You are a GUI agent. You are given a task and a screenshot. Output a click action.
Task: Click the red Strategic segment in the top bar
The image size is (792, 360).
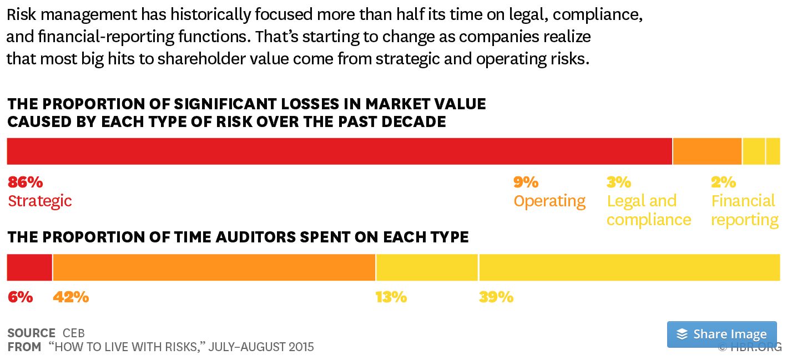pos(339,151)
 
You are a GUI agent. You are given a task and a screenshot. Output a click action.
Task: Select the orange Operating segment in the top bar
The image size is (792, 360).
pos(707,151)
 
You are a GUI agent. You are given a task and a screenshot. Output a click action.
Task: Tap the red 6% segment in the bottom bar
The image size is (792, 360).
pos(29,267)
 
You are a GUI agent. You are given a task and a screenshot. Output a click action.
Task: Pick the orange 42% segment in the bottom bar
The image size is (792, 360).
pos(214,267)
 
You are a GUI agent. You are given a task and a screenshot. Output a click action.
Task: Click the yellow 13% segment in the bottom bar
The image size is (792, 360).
pos(427,267)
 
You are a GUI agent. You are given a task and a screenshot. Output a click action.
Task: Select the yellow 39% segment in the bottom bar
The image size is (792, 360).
pos(629,267)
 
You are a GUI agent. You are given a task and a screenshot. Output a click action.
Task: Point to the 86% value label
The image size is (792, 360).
pos(25,182)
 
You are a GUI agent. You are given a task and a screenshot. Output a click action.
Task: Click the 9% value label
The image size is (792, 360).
pos(526,182)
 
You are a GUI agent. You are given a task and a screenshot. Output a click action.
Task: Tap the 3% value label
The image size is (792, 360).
pos(619,182)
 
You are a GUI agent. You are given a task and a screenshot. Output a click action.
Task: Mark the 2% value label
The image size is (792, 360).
pos(723,182)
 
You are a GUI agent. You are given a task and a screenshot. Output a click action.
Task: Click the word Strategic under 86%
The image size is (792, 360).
pos(40,201)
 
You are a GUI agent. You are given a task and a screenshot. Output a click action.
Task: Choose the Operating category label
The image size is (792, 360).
pos(549,201)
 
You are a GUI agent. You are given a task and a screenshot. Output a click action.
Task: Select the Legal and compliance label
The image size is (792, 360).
pos(648,210)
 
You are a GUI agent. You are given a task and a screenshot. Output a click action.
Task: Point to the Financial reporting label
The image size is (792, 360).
pos(744,210)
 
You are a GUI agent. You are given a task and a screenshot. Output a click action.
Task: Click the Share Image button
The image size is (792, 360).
pos(722,334)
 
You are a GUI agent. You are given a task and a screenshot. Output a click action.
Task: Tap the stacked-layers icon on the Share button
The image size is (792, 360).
pos(682,334)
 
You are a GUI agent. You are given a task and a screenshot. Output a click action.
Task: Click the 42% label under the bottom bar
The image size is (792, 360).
pos(70,297)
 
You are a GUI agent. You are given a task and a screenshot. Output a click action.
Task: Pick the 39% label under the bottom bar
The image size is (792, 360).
pos(496,297)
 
